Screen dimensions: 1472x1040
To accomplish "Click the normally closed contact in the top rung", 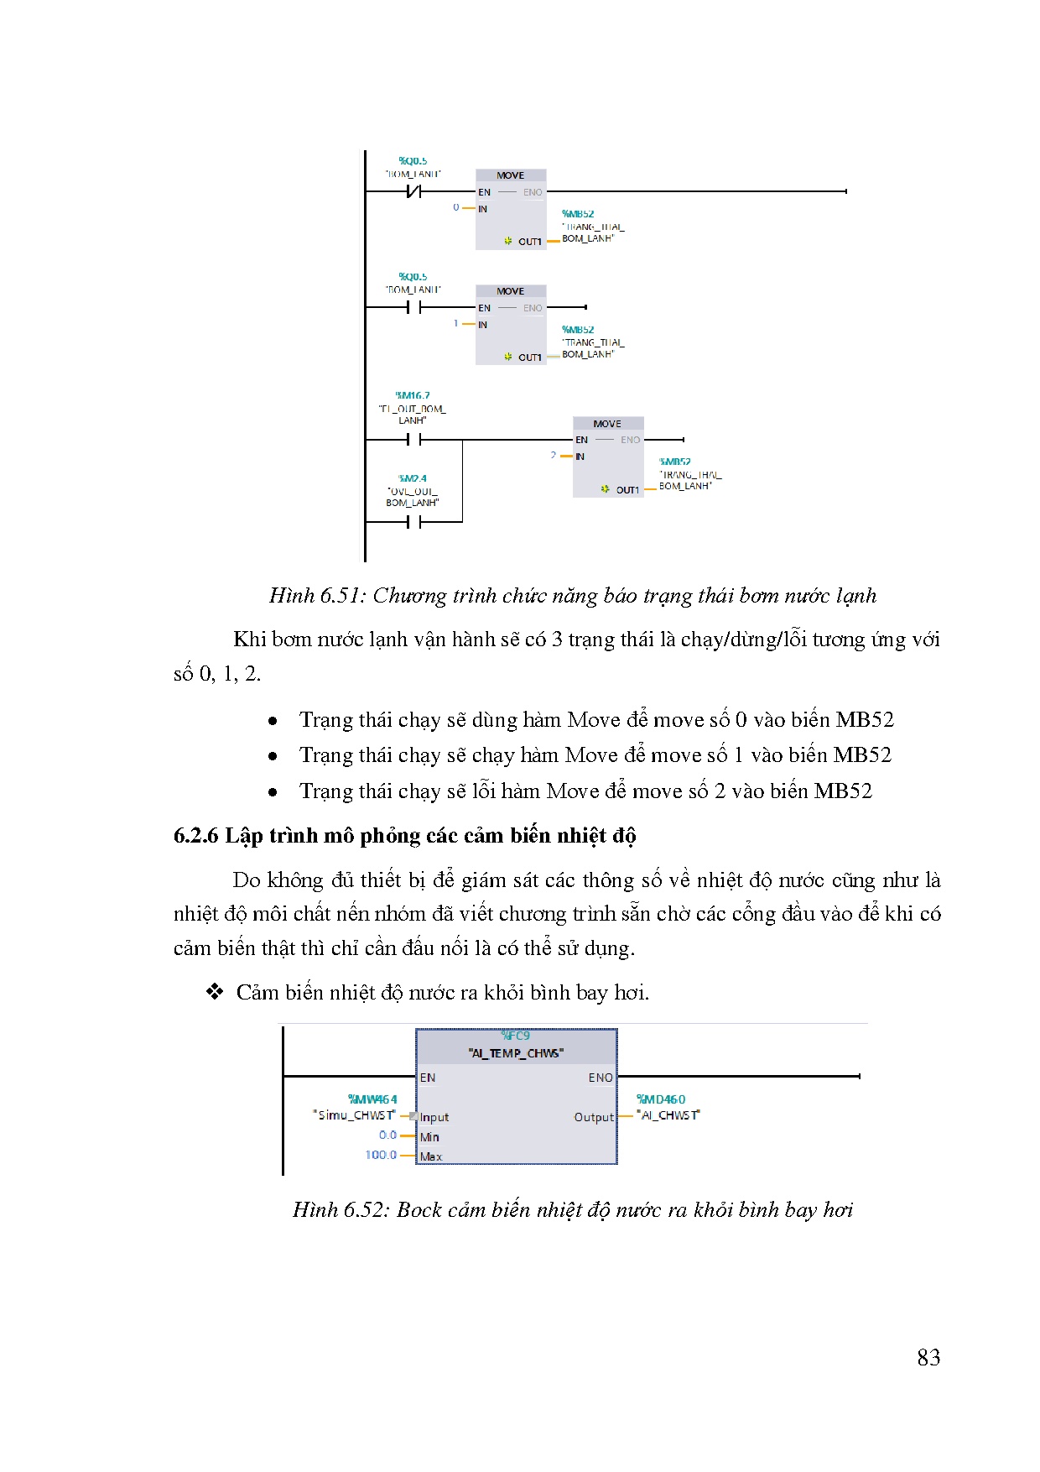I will point(413,192).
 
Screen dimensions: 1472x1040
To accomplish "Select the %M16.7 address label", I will point(413,395).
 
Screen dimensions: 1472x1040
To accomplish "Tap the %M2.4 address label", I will point(413,478).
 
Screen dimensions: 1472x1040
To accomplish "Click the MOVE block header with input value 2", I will point(607,424).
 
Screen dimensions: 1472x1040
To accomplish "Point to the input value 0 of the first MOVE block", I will point(456,207).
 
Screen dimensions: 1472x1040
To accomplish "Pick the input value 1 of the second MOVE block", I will point(456,323).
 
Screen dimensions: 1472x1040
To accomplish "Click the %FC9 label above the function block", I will point(515,1036).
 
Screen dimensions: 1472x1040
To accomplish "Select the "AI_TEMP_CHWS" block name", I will point(516,1053).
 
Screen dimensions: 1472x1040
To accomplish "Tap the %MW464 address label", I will point(372,1099).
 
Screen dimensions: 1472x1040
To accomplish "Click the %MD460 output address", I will point(661,1099).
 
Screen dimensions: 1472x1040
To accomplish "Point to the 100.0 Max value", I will point(381,1155).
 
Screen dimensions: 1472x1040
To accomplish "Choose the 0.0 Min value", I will point(387,1135).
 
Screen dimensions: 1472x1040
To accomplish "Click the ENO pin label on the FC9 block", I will point(600,1078).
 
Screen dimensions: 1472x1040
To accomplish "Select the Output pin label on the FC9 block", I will point(594,1117).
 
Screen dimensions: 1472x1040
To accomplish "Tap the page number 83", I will point(928,1358).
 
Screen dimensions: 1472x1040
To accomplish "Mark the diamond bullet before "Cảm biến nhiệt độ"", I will point(215,992).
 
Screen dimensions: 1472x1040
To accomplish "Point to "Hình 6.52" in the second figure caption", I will point(340,1210).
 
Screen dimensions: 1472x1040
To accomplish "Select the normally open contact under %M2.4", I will point(413,522).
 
